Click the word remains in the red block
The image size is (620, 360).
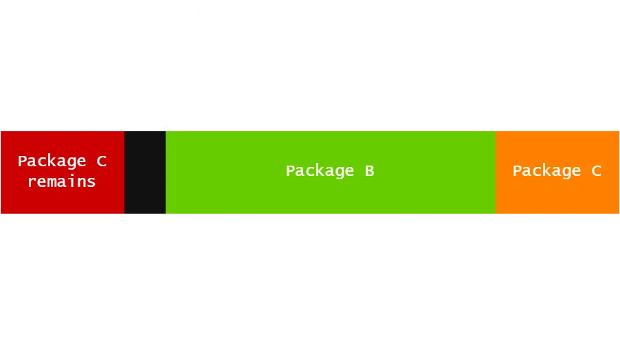(61, 181)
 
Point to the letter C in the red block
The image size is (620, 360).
(100, 161)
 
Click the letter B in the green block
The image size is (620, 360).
(369, 170)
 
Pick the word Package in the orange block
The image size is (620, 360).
(546, 170)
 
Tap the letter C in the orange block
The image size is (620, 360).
(596, 170)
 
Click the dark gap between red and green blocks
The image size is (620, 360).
(145, 172)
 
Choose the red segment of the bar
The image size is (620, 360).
(62, 199)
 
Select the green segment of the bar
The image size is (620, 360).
(330, 196)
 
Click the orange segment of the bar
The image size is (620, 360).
(557, 196)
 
